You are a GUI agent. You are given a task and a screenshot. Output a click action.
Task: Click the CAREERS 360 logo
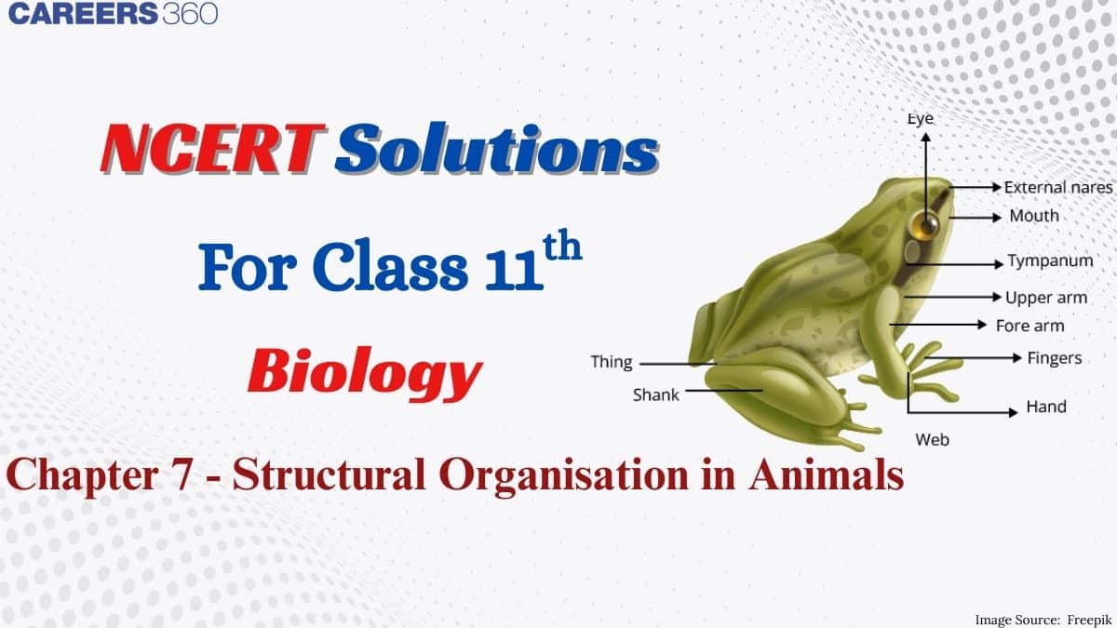pos(113,13)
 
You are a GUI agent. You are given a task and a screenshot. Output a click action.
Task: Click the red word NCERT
pos(213,149)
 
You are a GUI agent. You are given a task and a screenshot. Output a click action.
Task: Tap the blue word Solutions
pos(497,148)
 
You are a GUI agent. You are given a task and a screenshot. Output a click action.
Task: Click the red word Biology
pos(365,372)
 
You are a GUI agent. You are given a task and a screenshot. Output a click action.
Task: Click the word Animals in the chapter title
pos(826,474)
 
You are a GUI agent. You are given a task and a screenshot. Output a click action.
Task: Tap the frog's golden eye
pos(926,224)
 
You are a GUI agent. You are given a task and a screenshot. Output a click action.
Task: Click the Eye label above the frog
pos(920,119)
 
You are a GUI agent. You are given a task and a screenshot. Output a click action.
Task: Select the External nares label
pos(1058,187)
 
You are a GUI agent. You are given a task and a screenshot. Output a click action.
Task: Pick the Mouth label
pos(1034,216)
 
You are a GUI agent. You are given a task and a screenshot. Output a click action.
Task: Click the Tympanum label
pos(1050,261)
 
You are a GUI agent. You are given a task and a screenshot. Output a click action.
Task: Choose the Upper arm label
pos(1046,298)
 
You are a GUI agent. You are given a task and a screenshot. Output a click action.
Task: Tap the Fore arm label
pos(1030,326)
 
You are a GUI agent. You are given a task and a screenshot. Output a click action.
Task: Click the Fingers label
pos(1054,358)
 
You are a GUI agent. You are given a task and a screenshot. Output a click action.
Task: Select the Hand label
pos(1046,407)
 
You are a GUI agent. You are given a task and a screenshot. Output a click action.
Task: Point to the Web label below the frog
pos(932,440)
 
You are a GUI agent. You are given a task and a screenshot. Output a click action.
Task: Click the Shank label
pos(655,395)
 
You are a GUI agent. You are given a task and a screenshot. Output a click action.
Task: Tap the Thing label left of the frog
pos(612,362)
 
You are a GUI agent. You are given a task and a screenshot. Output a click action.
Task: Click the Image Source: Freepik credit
pos(1043,620)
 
